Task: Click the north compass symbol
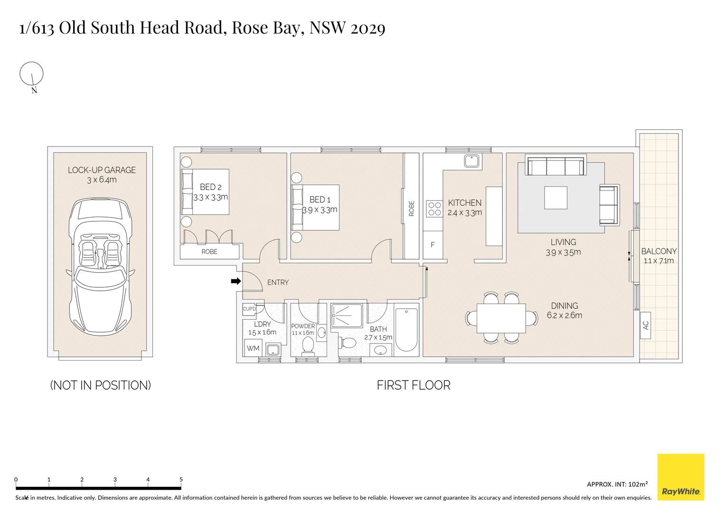[31, 75]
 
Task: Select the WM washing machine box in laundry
[253, 348]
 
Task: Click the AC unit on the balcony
[645, 325]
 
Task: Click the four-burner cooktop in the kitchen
[434, 208]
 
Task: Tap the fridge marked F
[433, 245]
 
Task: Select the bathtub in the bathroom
[406, 330]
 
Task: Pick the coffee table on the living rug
[556, 198]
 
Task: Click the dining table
[501, 318]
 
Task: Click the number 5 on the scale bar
[181, 480]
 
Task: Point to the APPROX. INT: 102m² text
[617, 484]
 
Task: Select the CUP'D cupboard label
[249, 309]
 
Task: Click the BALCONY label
[659, 251]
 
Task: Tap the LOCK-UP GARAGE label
[102, 170]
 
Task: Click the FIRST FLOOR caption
[413, 385]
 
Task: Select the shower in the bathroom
[346, 315]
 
